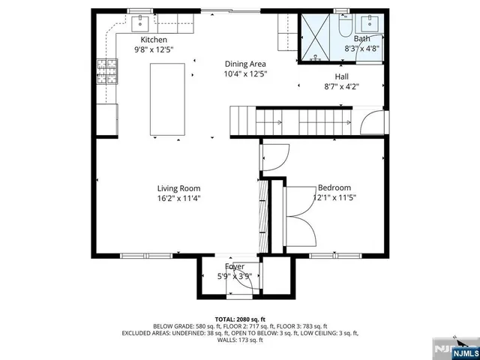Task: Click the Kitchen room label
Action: [154, 40]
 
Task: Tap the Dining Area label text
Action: [245, 64]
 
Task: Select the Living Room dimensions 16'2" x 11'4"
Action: [178, 199]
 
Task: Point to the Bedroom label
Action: [334, 188]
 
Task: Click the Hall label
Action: [341, 76]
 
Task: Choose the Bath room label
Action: [361, 39]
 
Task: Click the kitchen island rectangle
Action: [167, 100]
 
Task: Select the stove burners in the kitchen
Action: [104, 71]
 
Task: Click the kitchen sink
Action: [140, 23]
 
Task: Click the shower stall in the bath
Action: [316, 35]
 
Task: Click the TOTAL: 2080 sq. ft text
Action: [240, 319]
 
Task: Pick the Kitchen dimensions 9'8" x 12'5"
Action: [154, 50]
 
